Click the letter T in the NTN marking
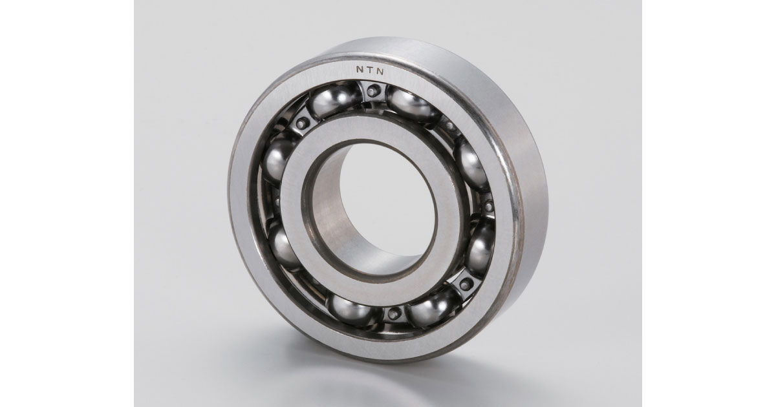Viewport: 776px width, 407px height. [371, 70]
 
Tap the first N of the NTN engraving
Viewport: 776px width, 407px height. [360, 69]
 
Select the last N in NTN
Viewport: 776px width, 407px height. [380, 72]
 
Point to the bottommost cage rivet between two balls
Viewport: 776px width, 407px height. [393, 314]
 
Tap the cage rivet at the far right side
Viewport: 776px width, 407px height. [488, 207]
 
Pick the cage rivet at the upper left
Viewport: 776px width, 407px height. [302, 122]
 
